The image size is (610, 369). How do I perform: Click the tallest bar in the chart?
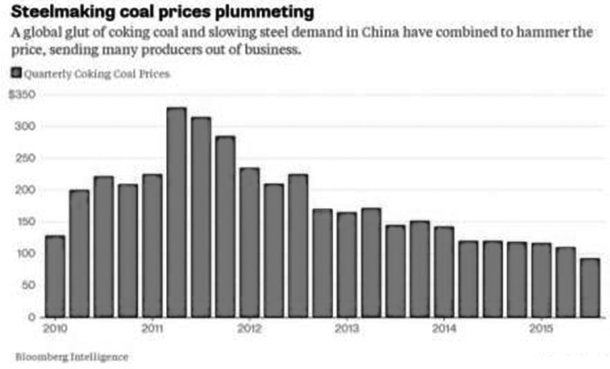pyautogui.click(x=177, y=211)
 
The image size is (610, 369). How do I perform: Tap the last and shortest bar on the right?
pyautogui.click(x=590, y=287)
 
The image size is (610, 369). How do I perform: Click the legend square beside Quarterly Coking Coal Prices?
pyautogui.click(x=17, y=73)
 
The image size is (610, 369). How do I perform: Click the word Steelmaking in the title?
pyautogui.click(x=61, y=12)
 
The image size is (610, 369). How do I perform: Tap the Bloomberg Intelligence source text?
pyautogui.click(x=72, y=357)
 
